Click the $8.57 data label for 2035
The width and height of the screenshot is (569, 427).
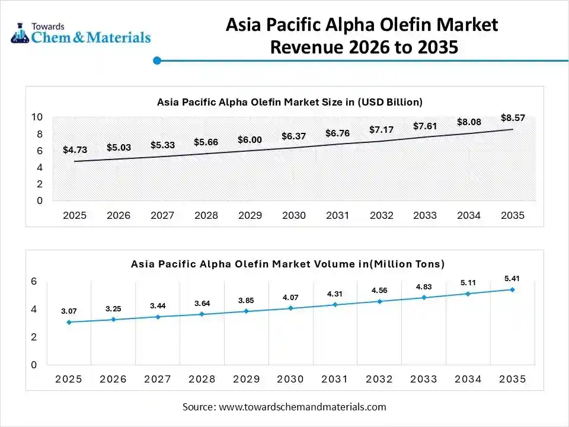513,117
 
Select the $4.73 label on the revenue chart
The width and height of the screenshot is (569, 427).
75,150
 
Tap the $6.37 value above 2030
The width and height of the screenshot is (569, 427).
293,136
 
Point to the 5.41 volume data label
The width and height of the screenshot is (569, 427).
513,278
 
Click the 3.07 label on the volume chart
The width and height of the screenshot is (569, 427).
69,311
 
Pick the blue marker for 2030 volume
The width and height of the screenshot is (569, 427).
291,308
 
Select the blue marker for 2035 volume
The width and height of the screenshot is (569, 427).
513,289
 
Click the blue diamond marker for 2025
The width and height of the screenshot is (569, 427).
69,322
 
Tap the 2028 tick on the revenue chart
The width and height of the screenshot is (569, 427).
206,215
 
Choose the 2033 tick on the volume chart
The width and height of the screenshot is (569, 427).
424,379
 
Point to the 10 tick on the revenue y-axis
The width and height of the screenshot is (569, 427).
37,117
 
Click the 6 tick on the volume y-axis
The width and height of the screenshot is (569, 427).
34,281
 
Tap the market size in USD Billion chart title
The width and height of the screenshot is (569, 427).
289,102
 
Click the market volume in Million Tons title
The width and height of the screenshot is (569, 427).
287,263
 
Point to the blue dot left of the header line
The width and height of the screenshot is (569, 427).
157,60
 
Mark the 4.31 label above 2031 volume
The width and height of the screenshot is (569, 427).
335,294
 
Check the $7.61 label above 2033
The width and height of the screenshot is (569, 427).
425,126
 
